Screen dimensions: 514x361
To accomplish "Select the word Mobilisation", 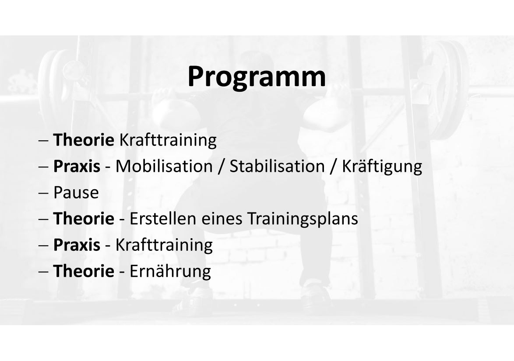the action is tap(164, 166).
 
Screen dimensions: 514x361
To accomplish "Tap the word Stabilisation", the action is tap(277, 166).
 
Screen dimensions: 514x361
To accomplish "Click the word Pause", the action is tap(76, 192).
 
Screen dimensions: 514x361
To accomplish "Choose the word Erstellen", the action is tap(162, 218).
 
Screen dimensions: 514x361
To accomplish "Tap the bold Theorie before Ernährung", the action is tap(84, 271).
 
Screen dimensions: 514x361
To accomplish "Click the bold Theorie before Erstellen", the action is tap(84, 218).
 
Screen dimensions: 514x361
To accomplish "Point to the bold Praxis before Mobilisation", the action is tap(77, 166).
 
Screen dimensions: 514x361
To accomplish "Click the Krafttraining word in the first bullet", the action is tap(168, 140).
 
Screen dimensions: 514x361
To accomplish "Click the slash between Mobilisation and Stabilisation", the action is tap(221, 166).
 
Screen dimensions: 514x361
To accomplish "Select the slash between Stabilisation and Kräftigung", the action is tap(333, 166).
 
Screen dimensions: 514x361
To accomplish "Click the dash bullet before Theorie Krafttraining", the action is tap(43, 141).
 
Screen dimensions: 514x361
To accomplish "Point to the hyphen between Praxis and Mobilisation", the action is tap(108, 167).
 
